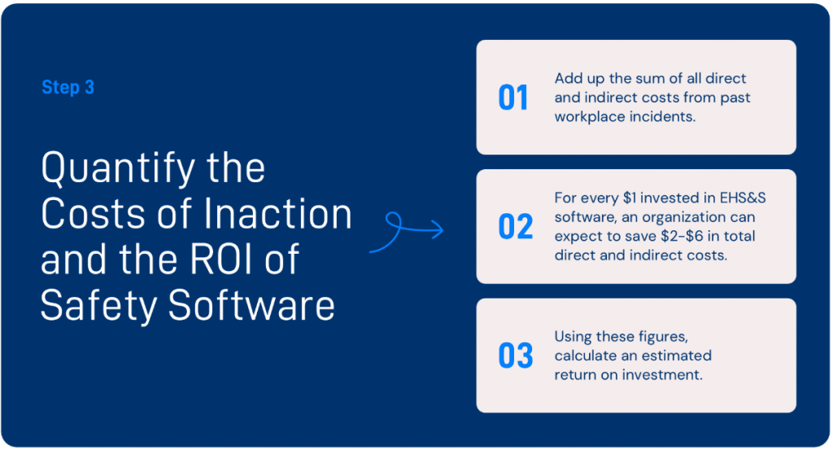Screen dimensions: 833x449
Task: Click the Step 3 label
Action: coord(68,87)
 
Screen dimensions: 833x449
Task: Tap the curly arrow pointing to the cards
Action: coord(407,232)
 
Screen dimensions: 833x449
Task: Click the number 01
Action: coord(512,98)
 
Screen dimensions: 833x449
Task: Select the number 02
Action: coord(515,227)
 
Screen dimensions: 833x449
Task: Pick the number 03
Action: coord(515,355)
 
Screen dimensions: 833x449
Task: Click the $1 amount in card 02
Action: coord(630,198)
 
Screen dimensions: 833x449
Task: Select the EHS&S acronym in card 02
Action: coord(743,198)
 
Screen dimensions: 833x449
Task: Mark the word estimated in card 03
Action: coord(677,355)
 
